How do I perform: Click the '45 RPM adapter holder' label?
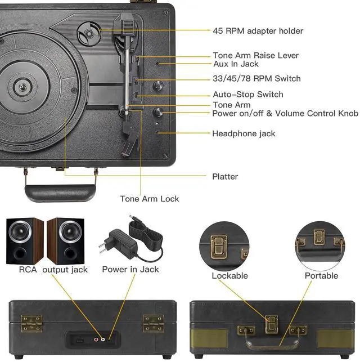tap(258, 31)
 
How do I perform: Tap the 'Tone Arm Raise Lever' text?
tap(255, 56)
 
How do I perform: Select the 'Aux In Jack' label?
tap(236, 64)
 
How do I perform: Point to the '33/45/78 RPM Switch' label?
tap(256, 79)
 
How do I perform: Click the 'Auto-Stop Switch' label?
tap(248, 95)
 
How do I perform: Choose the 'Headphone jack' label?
tap(244, 134)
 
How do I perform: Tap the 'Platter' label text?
tap(225, 177)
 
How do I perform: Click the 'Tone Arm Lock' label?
tap(150, 199)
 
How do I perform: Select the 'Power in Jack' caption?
tap(130, 270)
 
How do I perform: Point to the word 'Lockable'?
tap(229, 276)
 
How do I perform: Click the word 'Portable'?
tap(321, 276)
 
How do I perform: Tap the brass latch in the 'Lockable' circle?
tap(218, 245)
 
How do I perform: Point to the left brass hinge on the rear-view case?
tap(32, 323)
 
